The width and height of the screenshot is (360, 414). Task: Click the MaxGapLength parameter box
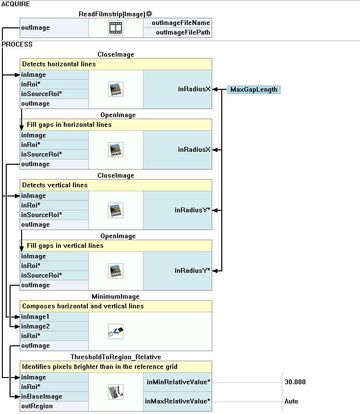pos(253,90)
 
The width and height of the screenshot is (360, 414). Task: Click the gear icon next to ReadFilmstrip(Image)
pos(149,14)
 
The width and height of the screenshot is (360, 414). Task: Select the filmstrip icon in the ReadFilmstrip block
pos(116,28)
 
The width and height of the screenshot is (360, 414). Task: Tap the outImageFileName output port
pos(180,23)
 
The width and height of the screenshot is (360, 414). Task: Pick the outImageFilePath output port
pos(183,33)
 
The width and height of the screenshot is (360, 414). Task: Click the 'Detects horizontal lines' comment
pos(59,64)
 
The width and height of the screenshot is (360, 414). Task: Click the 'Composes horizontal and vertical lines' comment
pos(83,306)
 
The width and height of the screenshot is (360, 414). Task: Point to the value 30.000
pos(295,382)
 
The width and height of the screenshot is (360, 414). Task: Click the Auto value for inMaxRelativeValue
pos(291,402)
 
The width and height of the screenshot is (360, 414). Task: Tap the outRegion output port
pos(37,406)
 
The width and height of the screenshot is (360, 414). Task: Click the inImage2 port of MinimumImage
pos(35,327)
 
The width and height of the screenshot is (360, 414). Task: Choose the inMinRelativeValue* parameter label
pos(178,382)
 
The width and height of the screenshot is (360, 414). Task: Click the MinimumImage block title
pos(116,297)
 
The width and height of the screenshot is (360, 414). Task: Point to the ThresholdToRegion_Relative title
pos(116,357)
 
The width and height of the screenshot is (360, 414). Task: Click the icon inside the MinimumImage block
pos(116,331)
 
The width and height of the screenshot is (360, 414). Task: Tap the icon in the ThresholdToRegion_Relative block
pos(116,391)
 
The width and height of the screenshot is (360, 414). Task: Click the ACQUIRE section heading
pos(16,4)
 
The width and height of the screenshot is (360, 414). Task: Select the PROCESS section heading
pos(17,44)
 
